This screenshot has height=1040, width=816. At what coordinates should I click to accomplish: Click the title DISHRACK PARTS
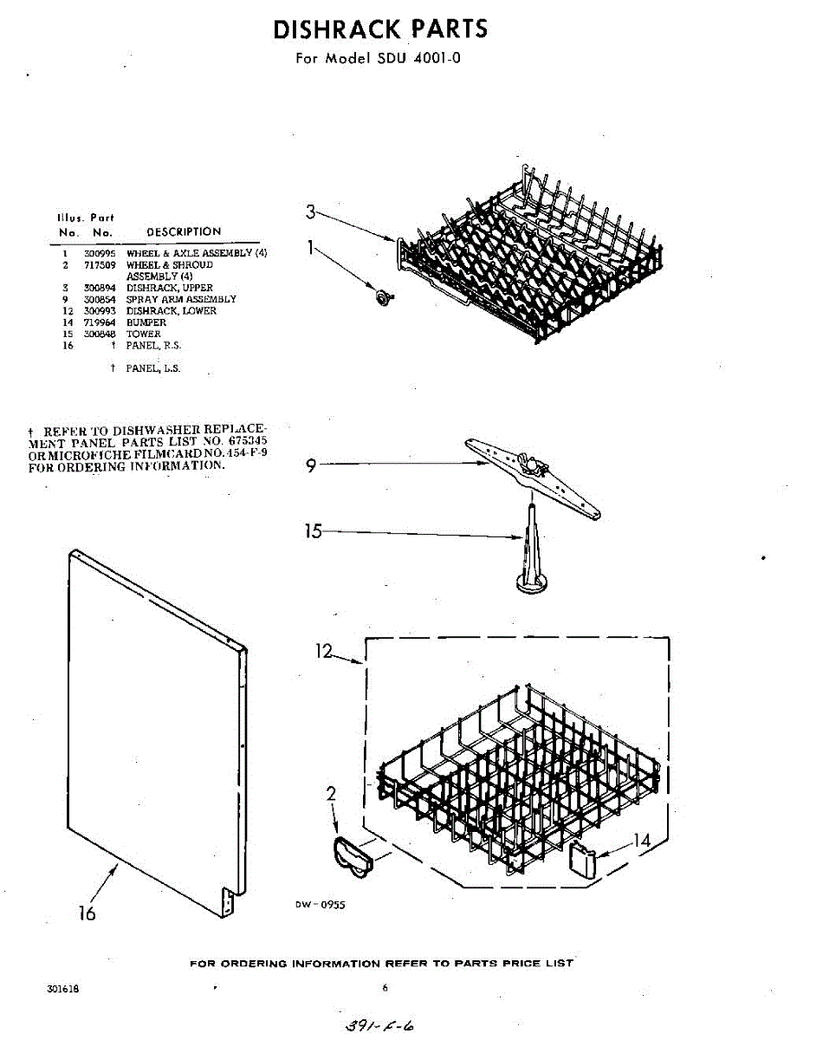tap(380, 29)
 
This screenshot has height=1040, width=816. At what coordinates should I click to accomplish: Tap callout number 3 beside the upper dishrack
tap(312, 211)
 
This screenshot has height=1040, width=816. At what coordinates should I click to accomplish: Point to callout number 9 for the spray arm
tap(312, 465)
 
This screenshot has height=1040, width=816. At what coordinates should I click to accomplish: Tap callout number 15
tap(313, 531)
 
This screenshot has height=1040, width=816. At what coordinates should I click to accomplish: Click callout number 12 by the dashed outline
tap(325, 652)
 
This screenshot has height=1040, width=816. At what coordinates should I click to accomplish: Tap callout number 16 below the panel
tap(87, 913)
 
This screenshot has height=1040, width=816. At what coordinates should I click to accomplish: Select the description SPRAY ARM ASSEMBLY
tap(181, 299)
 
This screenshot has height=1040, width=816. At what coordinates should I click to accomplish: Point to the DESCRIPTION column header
tap(184, 231)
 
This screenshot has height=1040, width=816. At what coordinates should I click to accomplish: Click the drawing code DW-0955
tap(319, 905)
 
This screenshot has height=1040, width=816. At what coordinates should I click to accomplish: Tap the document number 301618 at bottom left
tap(63, 989)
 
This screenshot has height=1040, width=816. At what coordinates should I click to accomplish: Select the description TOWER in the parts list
tap(144, 334)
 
